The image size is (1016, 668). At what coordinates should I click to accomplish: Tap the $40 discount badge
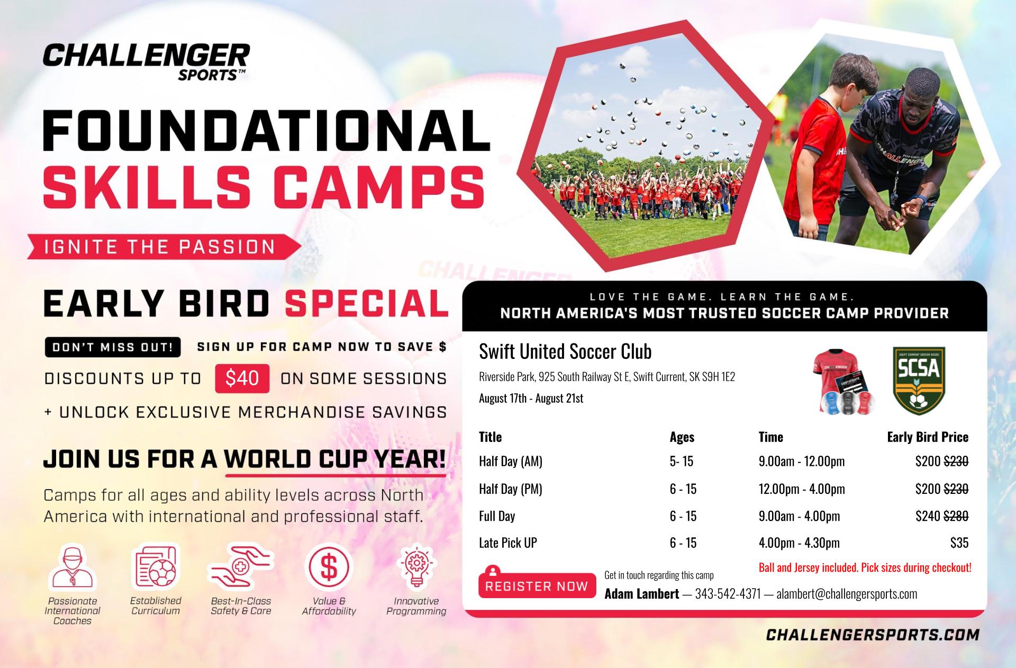[x=242, y=378]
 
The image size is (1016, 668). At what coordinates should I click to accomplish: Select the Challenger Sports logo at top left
[x=147, y=61]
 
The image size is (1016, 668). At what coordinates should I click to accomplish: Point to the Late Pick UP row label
[x=508, y=543]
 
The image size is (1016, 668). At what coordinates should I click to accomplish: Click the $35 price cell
[x=959, y=543]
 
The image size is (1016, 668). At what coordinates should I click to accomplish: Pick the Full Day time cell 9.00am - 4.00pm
[x=799, y=516]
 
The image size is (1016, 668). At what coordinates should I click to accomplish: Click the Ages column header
[x=682, y=437]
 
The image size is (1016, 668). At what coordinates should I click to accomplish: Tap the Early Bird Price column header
[x=928, y=437]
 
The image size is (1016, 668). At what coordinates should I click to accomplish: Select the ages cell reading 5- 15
[x=682, y=462]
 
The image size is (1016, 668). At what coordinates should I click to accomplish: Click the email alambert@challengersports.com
[x=847, y=594]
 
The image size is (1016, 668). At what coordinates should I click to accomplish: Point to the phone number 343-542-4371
[x=728, y=594]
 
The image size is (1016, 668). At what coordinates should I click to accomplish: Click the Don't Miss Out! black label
[x=113, y=347]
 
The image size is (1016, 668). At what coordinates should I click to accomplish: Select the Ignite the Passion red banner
[x=164, y=247]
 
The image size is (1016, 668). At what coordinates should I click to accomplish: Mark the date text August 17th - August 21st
[x=531, y=398]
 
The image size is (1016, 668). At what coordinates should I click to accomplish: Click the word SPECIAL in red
[x=366, y=303]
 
